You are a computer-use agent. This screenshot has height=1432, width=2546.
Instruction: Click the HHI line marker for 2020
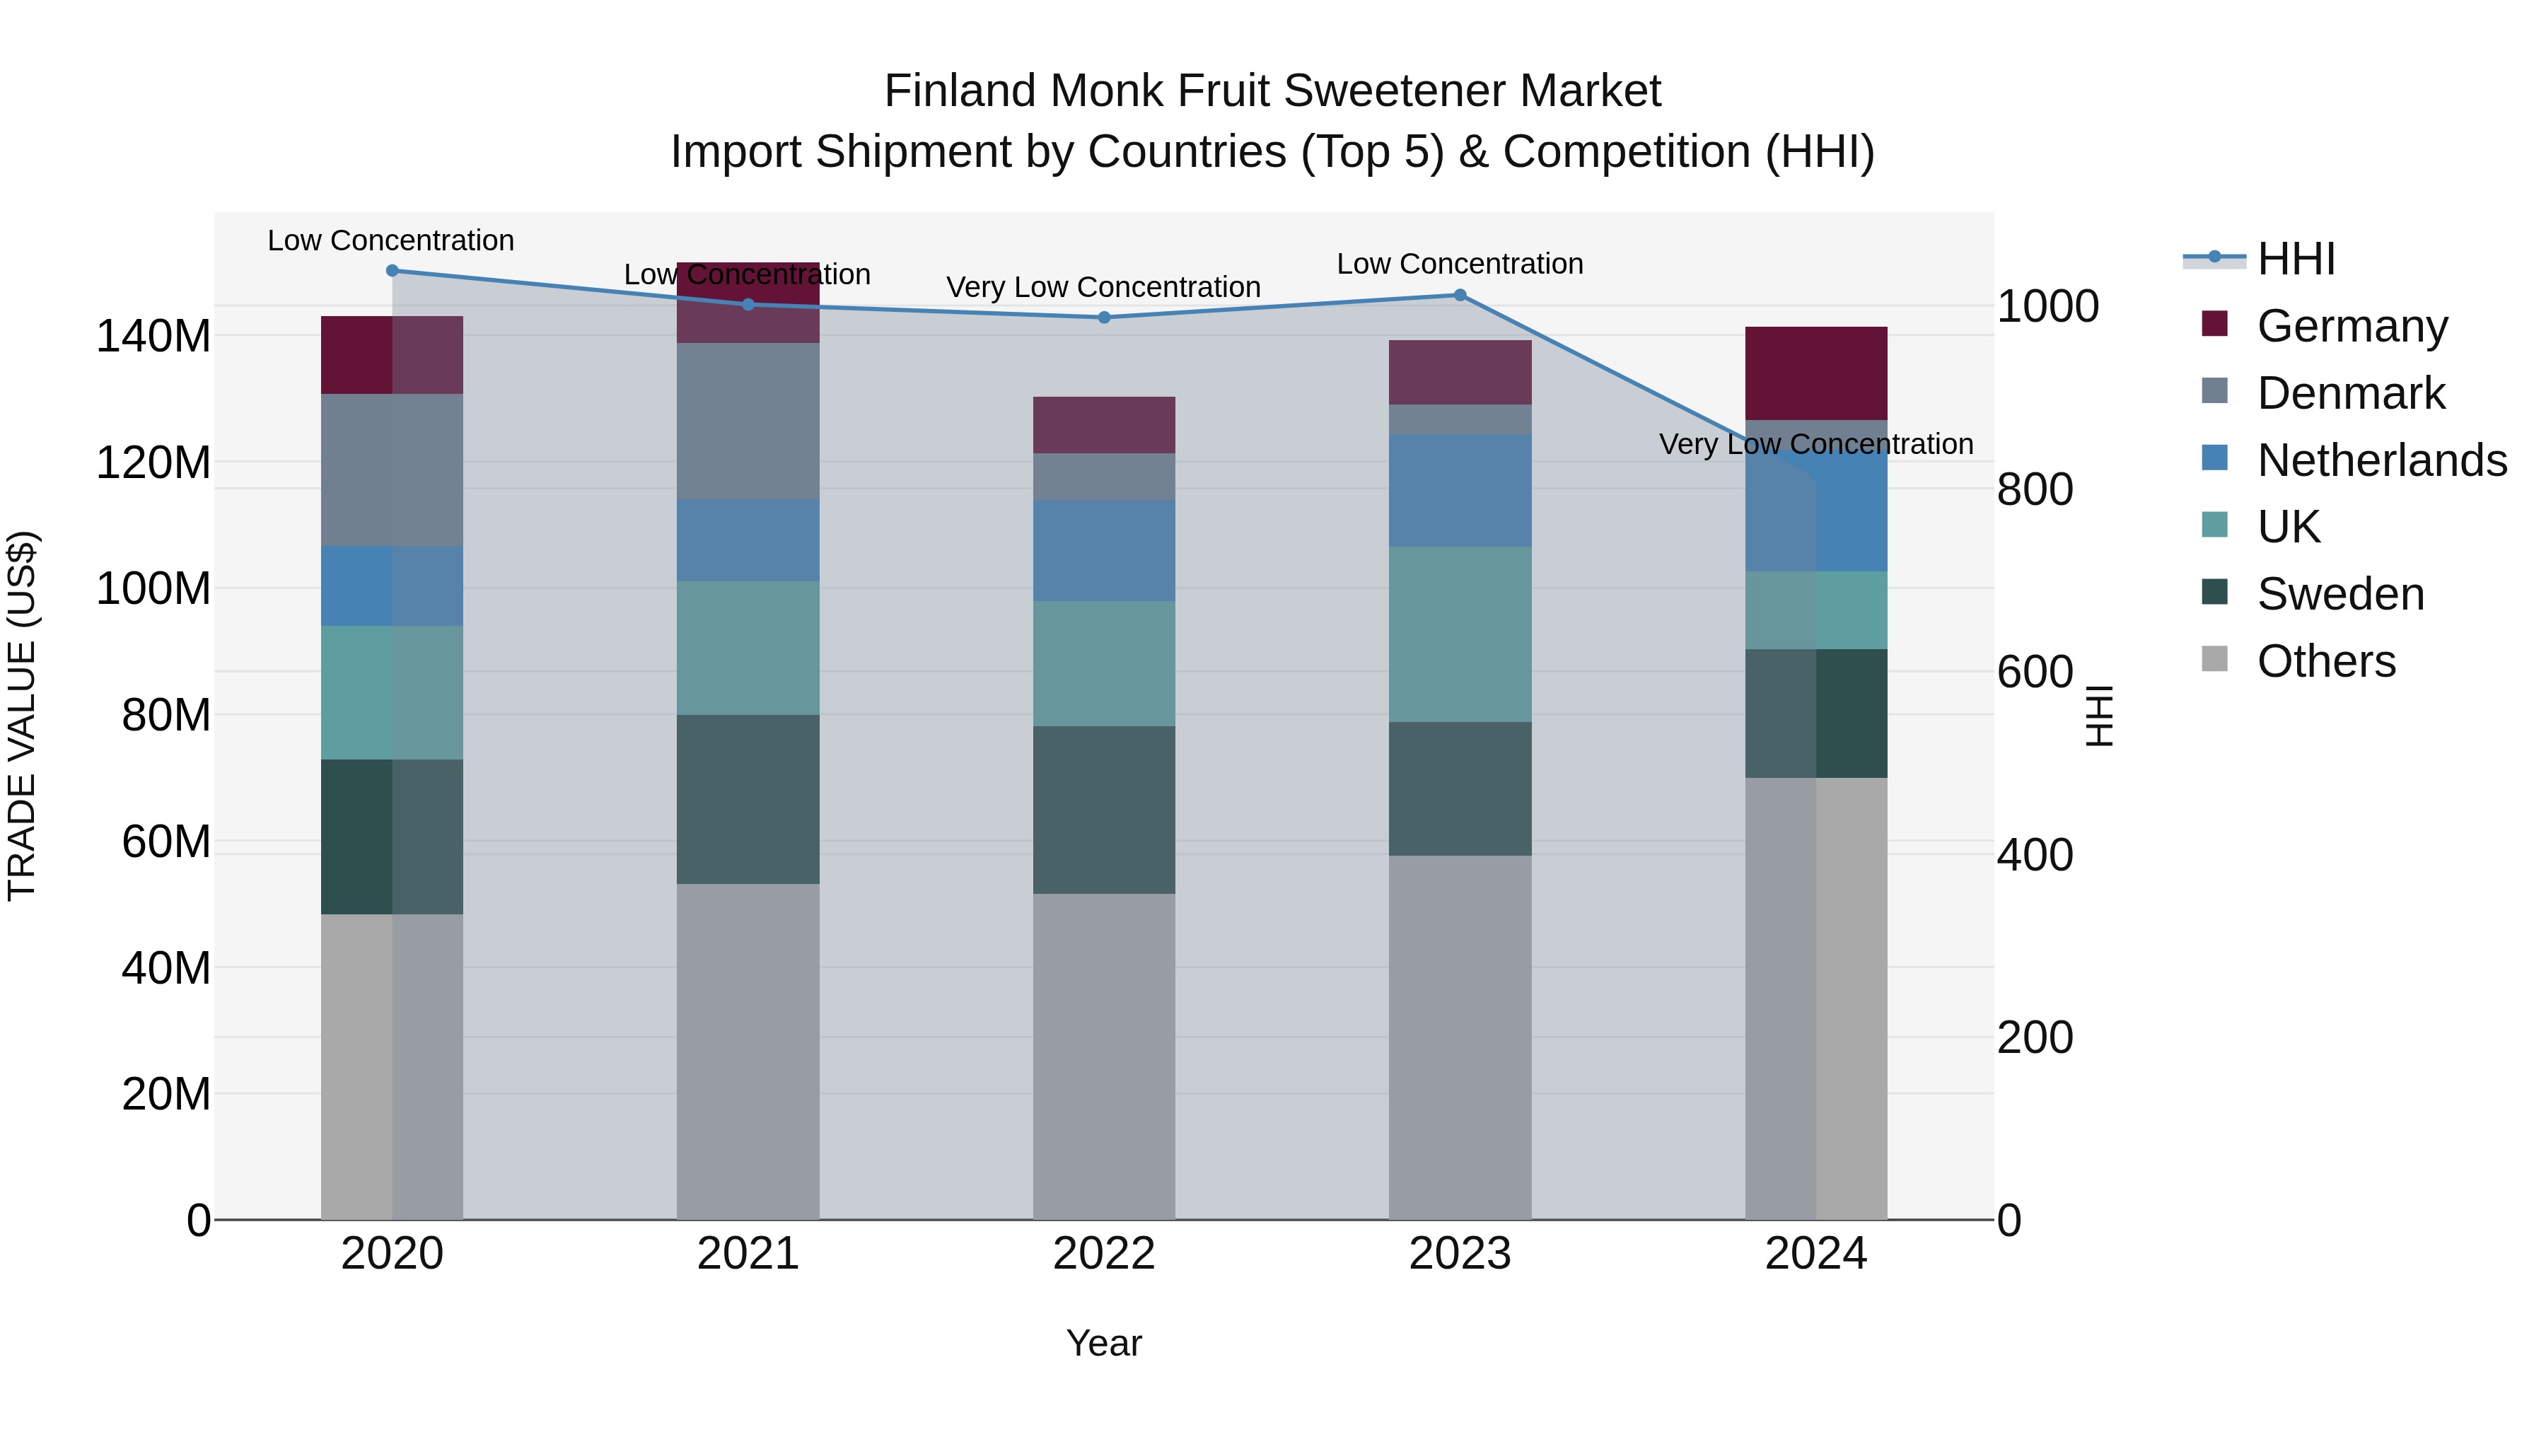[393, 270]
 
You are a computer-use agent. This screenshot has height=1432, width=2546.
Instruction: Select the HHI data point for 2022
[1104, 318]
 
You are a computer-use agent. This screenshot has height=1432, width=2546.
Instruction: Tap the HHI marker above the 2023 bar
[1460, 294]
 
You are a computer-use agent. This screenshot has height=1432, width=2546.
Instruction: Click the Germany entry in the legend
[2350, 326]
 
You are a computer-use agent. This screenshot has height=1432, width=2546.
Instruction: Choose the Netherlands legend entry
[2380, 460]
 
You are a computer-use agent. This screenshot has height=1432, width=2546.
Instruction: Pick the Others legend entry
[2325, 661]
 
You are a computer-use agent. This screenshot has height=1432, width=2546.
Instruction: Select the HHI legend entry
[2295, 259]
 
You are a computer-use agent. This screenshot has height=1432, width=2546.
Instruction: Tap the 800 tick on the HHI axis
[2035, 489]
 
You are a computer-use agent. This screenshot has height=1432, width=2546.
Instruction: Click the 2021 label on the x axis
[748, 1254]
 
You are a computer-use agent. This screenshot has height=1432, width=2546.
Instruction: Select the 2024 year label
[1815, 1254]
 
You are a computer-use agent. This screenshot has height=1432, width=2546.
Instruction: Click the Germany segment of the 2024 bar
[1815, 373]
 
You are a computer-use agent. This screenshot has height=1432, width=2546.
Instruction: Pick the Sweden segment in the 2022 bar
[1104, 810]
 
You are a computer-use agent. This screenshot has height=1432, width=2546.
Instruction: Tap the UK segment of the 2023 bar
[1460, 634]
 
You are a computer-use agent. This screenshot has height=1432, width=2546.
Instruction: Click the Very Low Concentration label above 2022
[1103, 288]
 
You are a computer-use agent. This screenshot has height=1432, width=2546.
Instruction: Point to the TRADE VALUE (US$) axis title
[22, 716]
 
